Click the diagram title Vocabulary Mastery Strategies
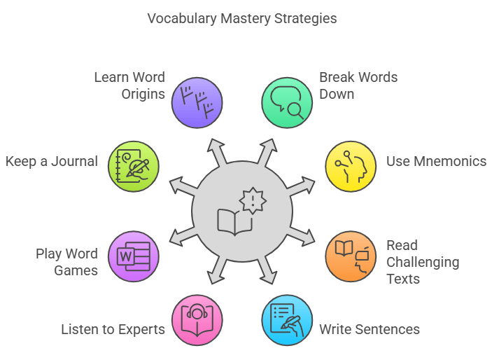(x=242, y=18)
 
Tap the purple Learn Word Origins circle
(x=197, y=102)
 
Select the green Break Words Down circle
(x=287, y=102)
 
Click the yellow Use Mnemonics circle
(x=351, y=167)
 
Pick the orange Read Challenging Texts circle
(x=351, y=256)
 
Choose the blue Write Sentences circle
(x=287, y=320)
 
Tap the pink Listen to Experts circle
(x=197, y=320)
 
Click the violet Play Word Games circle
(x=134, y=256)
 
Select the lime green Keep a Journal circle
(x=134, y=167)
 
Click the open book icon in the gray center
(x=234, y=221)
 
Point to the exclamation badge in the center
(x=252, y=201)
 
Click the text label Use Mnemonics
(x=436, y=162)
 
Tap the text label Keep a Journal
(x=52, y=162)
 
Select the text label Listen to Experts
(x=113, y=328)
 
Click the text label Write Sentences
(x=370, y=328)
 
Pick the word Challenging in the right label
(x=423, y=262)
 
